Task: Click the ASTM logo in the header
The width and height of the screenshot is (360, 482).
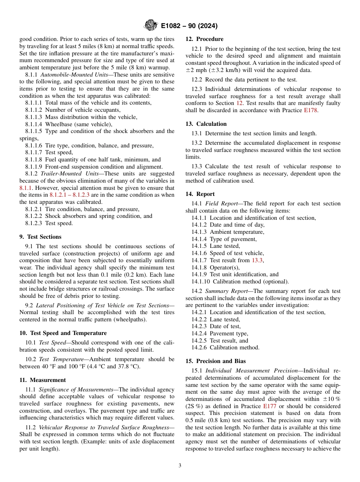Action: [x=150, y=26]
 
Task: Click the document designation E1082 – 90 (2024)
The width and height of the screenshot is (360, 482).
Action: [x=189, y=26]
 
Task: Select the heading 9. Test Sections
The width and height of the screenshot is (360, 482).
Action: [x=40, y=237]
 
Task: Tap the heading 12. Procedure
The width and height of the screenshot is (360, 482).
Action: [x=204, y=39]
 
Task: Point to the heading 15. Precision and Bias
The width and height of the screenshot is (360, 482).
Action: [x=215, y=361]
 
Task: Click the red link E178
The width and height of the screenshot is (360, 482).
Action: [x=311, y=110]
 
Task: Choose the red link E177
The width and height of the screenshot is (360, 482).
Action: [x=269, y=406]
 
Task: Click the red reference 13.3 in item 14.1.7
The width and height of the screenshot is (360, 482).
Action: [x=257, y=260]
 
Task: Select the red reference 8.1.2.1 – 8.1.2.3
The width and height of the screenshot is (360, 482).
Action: [x=70, y=195]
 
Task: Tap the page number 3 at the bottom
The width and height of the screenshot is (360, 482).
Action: [x=180, y=466]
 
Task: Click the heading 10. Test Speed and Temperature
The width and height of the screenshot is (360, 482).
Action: [x=63, y=333]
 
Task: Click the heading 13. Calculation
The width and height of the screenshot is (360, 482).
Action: [x=206, y=124]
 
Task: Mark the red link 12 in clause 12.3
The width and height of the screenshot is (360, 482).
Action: [x=239, y=103]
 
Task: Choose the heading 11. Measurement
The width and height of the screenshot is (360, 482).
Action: [x=42, y=380]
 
